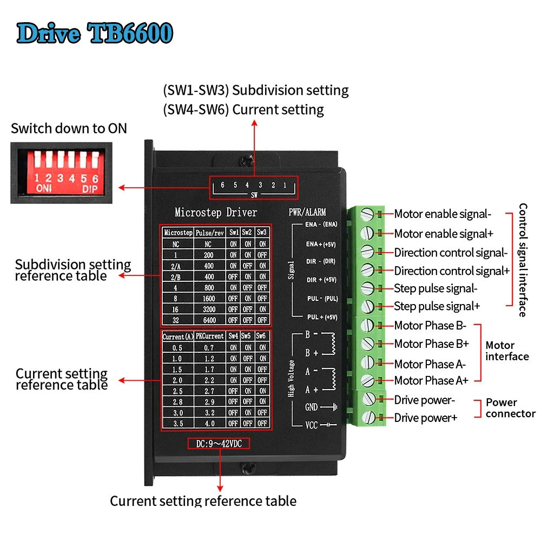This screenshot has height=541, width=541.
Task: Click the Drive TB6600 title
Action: tap(95, 34)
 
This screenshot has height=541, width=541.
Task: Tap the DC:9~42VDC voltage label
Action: tap(219, 444)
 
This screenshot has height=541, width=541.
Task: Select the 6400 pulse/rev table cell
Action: tap(209, 320)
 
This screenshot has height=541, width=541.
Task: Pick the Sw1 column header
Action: tap(234, 233)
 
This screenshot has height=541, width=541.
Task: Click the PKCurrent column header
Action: tap(210, 336)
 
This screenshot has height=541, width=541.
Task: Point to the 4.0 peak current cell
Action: tap(209, 424)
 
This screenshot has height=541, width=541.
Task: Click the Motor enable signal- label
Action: tap(443, 214)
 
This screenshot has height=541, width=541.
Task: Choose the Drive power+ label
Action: tap(426, 418)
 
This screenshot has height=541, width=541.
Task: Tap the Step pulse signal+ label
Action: tap(437, 306)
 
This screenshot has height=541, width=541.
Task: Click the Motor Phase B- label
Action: tap(430, 325)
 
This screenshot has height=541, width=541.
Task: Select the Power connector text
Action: tap(511, 408)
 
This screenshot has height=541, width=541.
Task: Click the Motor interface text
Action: tap(507, 351)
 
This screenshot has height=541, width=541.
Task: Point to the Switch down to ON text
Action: tap(69, 128)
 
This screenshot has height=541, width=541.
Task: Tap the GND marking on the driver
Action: tap(311, 407)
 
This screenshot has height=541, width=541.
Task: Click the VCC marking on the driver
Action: tap(311, 425)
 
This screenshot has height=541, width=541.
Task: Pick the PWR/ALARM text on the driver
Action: tap(307, 212)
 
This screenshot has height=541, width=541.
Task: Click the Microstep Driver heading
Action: tap(216, 212)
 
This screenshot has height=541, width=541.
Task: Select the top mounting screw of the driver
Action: tap(247, 161)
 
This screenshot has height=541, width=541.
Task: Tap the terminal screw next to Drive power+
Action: tap(369, 417)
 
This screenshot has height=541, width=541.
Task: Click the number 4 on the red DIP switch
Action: tap(72, 179)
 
